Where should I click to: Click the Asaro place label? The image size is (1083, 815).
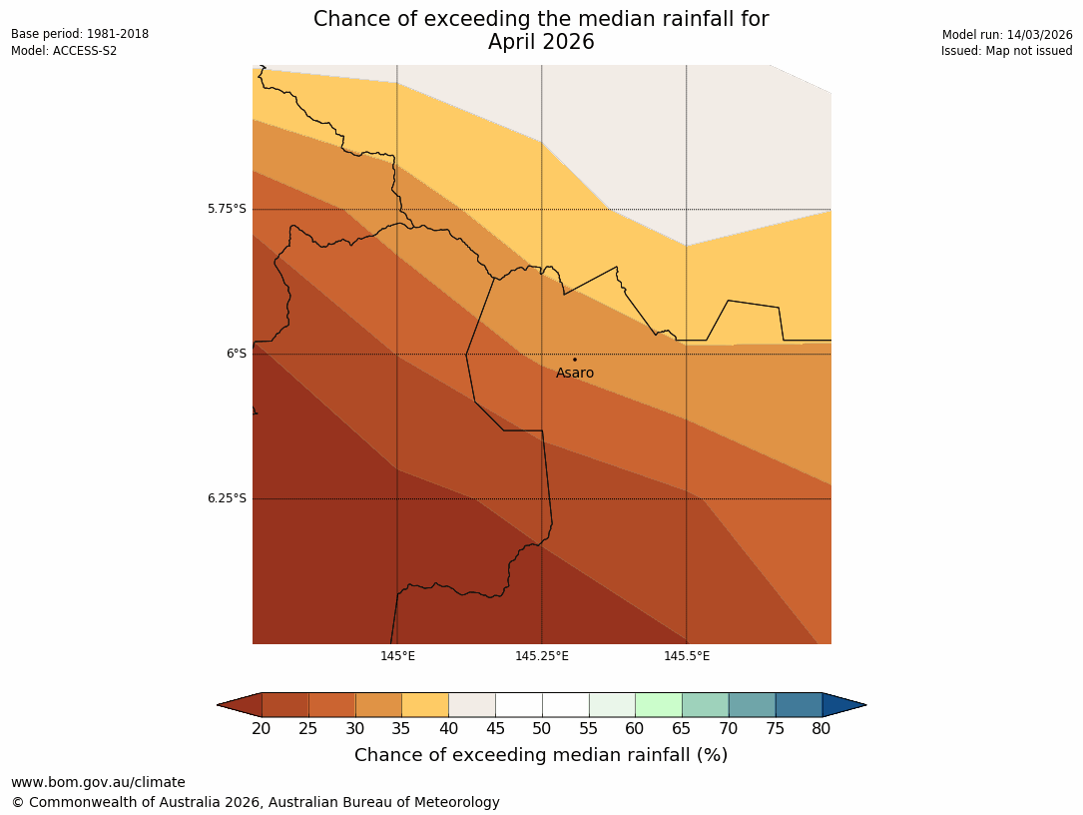point(575,374)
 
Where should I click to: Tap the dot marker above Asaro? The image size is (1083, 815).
point(574,360)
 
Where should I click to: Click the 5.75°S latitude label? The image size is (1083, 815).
point(227,209)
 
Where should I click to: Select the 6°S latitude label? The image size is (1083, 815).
point(236,354)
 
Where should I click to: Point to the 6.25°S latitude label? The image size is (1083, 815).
point(227,498)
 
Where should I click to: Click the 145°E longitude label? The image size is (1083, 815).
point(397,656)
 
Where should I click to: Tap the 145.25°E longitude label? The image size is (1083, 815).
point(542,656)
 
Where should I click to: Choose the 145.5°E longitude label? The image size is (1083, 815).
point(687,656)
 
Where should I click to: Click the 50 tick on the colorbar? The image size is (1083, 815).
point(542,729)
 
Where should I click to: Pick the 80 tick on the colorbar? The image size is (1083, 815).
point(821,729)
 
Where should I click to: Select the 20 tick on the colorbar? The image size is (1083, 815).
point(262,729)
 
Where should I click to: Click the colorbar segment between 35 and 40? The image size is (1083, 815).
point(425,705)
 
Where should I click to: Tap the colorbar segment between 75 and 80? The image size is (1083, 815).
point(799,705)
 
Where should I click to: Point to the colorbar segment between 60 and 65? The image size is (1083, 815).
point(659,705)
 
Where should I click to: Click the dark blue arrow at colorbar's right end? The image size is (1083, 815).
point(843,705)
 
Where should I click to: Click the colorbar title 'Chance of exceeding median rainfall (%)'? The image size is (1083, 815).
point(541,755)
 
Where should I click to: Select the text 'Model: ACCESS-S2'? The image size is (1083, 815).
point(64,51)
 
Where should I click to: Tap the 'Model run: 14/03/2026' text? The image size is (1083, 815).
point(1007,34)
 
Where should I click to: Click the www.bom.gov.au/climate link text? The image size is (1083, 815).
point(98,782)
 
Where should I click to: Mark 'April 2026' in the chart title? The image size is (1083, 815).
point(541,42)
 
